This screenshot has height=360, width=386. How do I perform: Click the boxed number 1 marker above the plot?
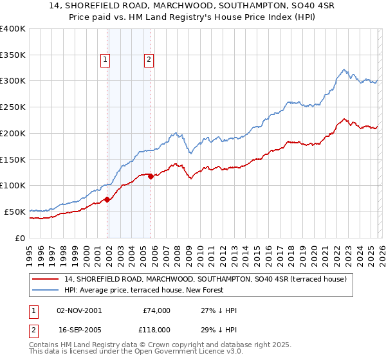click(x=105, y=60)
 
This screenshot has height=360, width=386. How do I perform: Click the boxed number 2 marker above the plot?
click(x=149, y=60)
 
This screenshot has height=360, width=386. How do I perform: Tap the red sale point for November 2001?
click(x=107, y=199)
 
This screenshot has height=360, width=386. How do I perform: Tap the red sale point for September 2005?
click(x=151, y=176)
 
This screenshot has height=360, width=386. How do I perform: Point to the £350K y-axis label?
click(x=13, y=55)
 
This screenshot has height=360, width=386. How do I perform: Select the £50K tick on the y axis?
click(x=15, y=212)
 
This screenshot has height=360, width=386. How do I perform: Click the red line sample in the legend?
click(x=46, y=279)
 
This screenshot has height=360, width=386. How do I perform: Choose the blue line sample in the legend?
click(x=46, y=290)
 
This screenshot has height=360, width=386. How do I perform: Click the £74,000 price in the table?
click(x=156, y=310)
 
